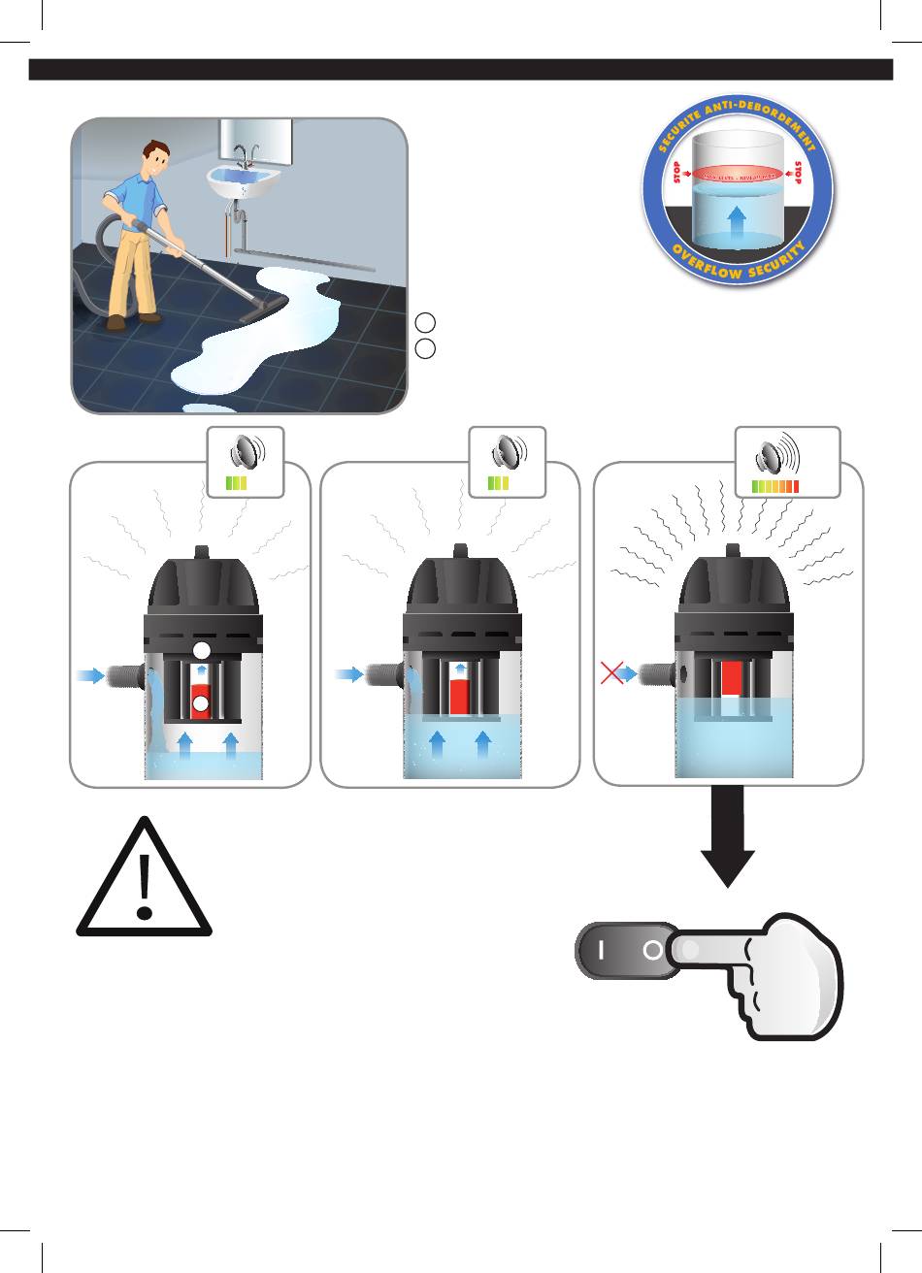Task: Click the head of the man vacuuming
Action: pyautogui.click(x=154, y=159)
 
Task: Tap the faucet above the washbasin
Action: pyautogui.click(x=243, y=155)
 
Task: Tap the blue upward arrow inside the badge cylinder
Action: pyautogui.click(x=738, y=216)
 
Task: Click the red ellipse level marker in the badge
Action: pyautogui.click(x=738, y=175)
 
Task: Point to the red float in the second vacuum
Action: pyautogui.click(x=460, y=693)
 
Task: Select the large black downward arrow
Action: pyautogui.click(x=728, y=834)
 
